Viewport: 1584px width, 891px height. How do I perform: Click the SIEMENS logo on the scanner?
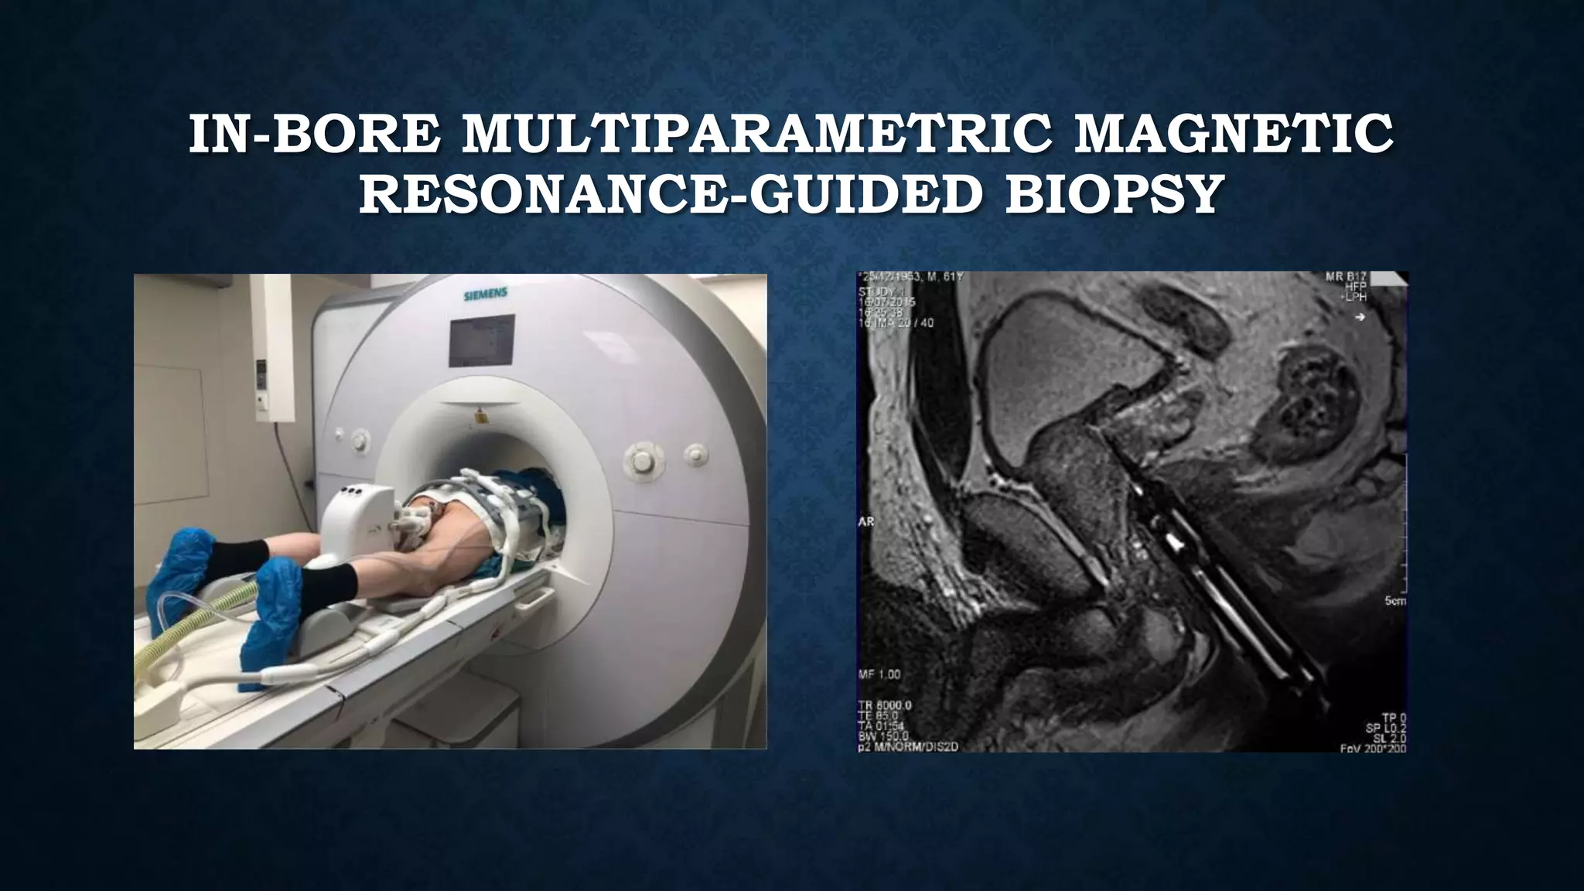[485, 295]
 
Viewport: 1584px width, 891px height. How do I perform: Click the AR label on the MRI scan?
[866, 522]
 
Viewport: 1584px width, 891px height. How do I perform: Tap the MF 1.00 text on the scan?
[879, 674]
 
